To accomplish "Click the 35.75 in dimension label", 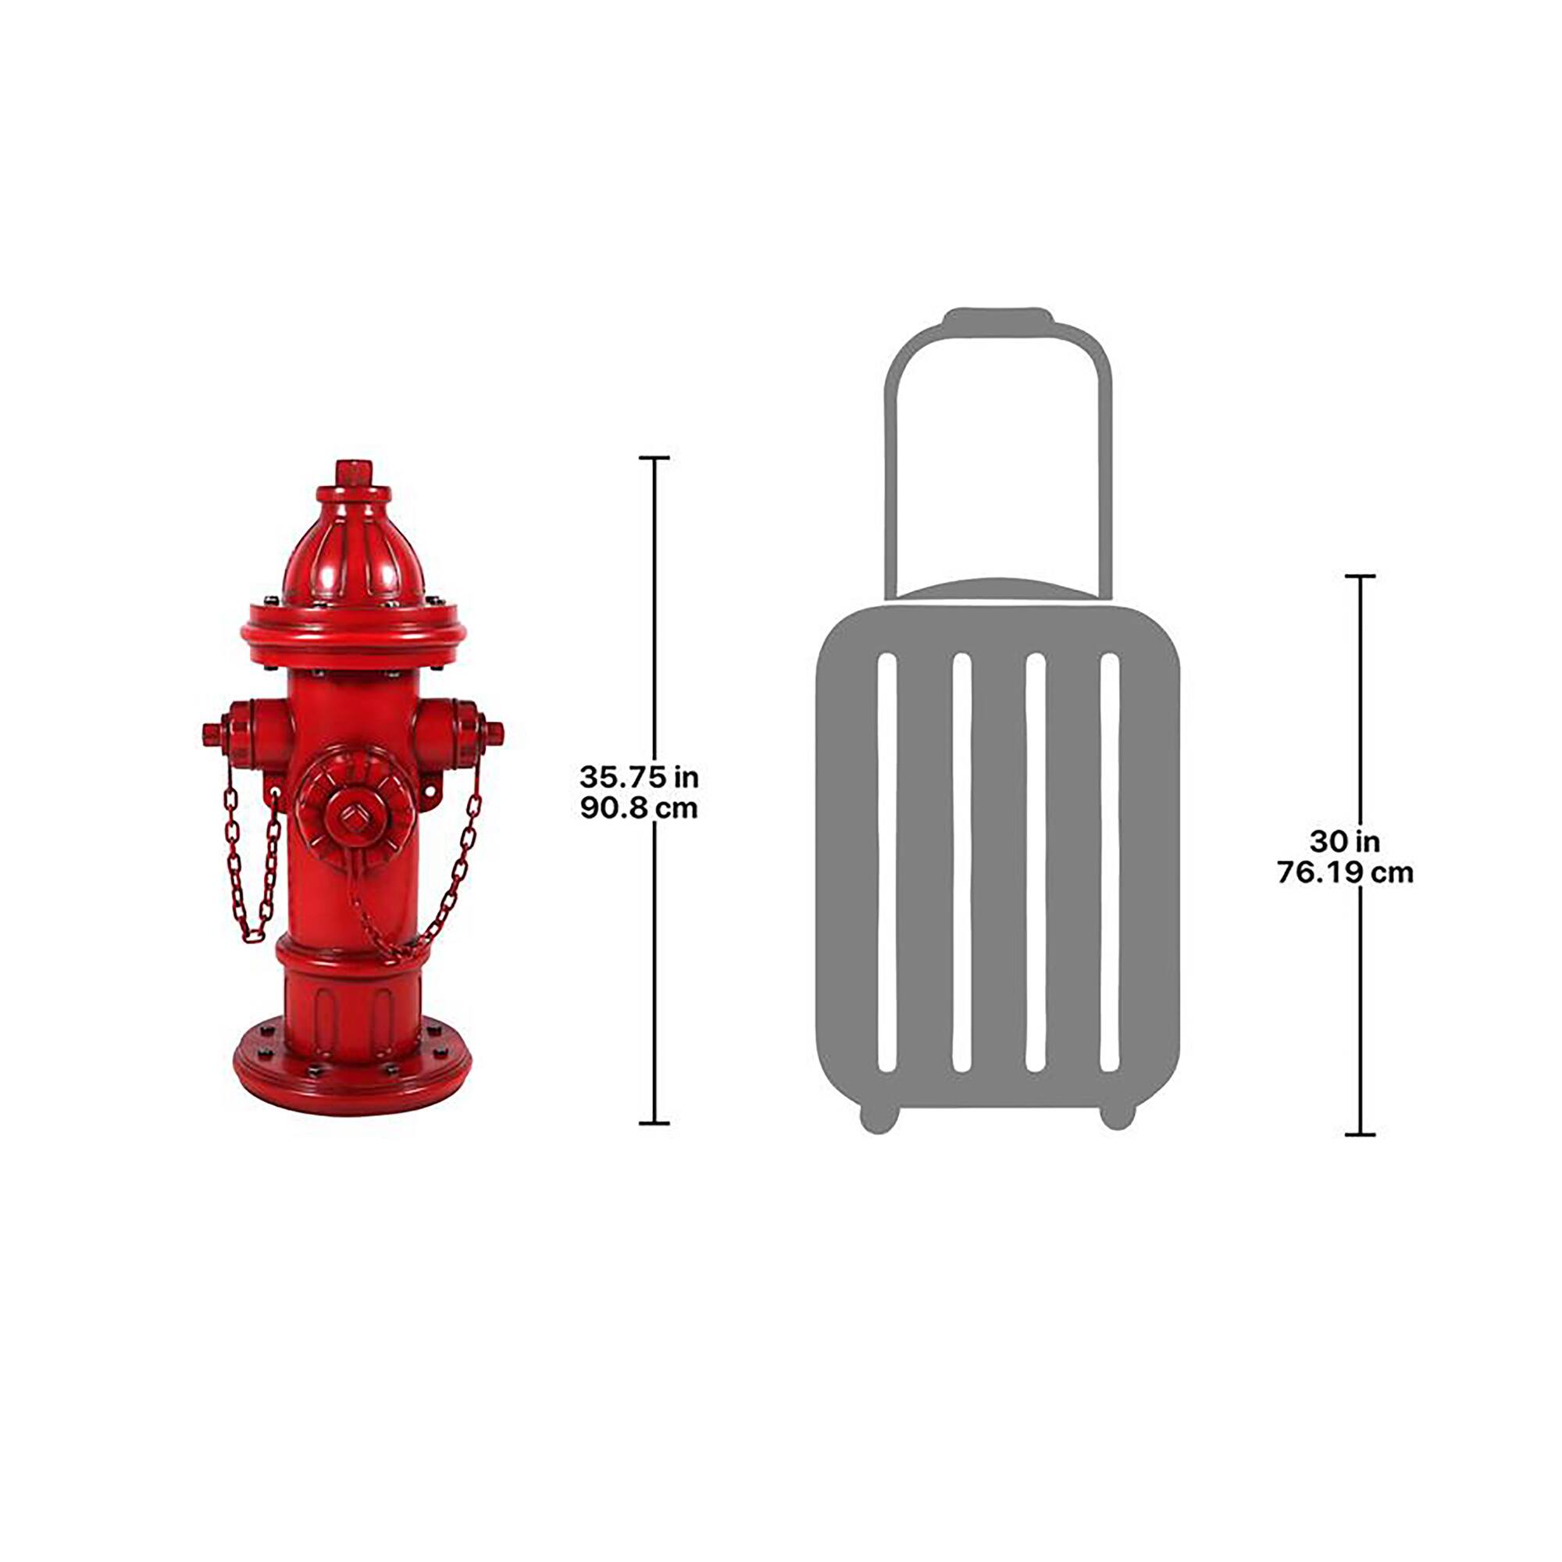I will [x=638, y=777].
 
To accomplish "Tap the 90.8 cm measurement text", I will [x=638, y=808].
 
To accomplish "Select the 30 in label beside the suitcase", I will [x=1345, y=842].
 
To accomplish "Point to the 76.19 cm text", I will [x=1345, y=872].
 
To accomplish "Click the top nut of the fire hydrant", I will [x=353, y=473].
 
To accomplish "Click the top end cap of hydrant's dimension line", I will [x=654, y=458].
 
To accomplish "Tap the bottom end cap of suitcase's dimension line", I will [x=1360, y=1135].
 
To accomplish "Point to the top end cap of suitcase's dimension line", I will [x=1360, y=576].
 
